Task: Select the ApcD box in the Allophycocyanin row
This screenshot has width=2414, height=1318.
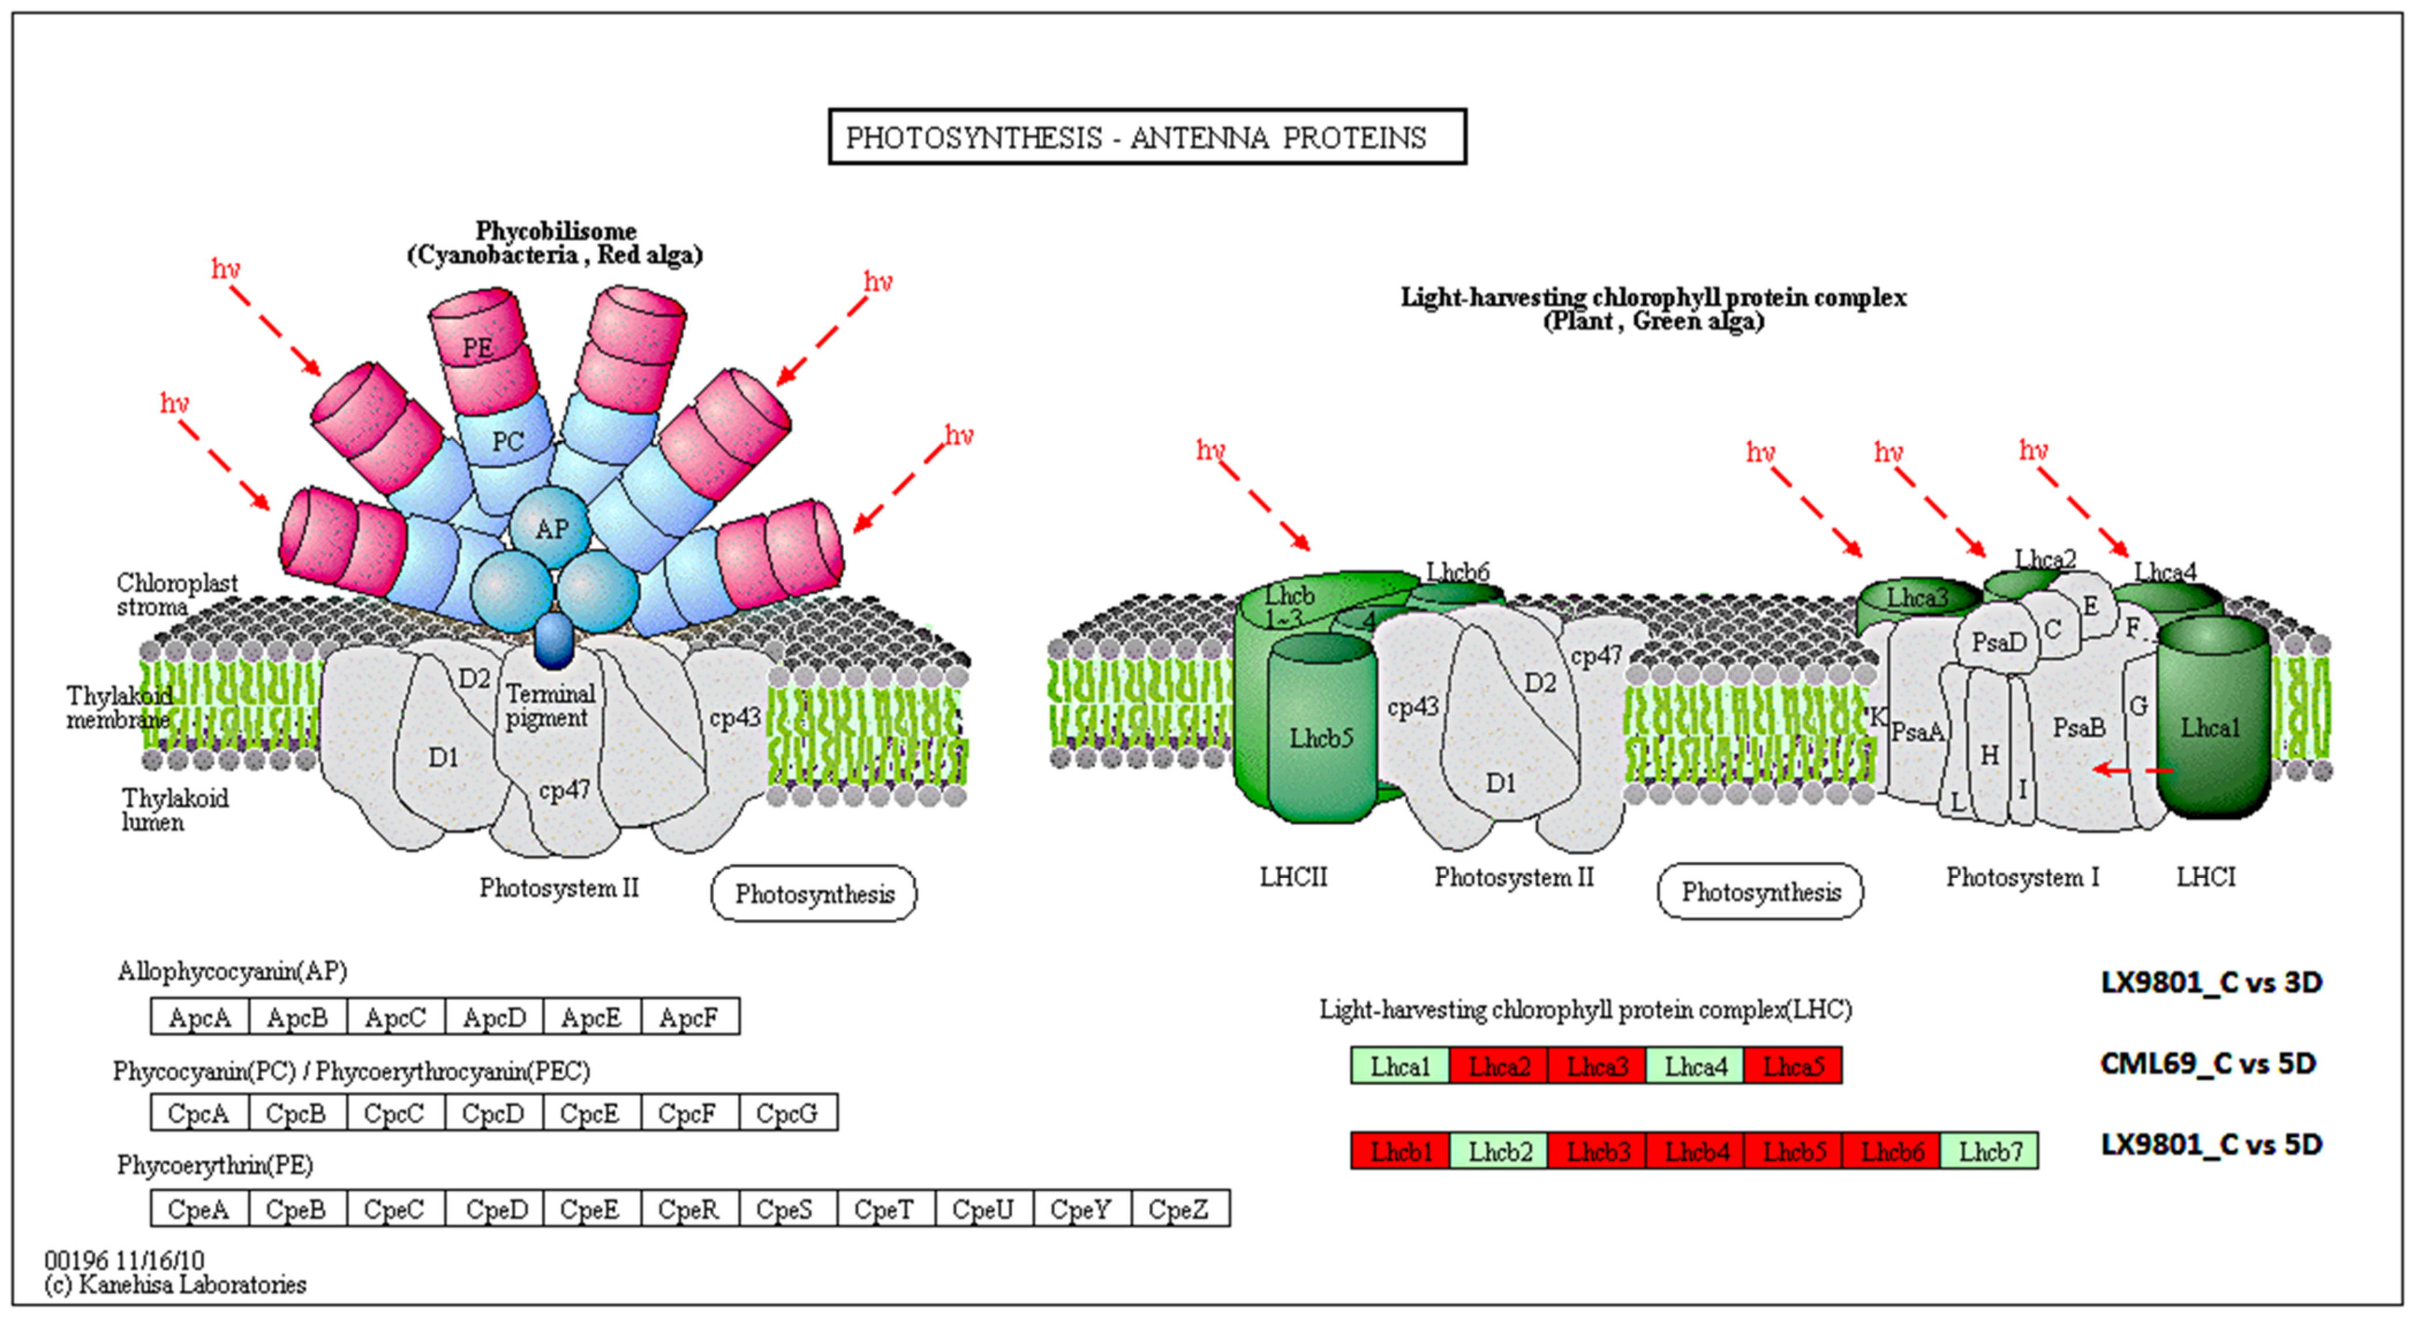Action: (494, 1017)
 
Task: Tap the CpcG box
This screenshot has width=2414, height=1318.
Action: (787, 1113)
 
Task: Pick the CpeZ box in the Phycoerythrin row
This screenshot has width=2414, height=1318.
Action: (1179, 1209)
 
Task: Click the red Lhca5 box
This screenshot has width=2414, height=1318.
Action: (1793, 1066)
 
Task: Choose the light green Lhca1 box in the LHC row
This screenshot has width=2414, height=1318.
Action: (1400, 1066)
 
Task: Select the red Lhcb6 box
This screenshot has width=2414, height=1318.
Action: (1891, 1152)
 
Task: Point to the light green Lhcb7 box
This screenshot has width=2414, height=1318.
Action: (1990, 1152)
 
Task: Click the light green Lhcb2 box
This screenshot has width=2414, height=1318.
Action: (1499, 1152)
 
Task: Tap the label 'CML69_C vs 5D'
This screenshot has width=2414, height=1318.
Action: (2207, 1064)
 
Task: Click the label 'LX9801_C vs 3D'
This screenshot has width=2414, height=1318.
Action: (2211, 983)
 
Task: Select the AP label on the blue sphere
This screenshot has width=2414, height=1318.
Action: (551, 529)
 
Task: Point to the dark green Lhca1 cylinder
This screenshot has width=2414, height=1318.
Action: (2212, 726)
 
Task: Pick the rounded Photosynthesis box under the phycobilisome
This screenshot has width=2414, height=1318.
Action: (813, 893)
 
